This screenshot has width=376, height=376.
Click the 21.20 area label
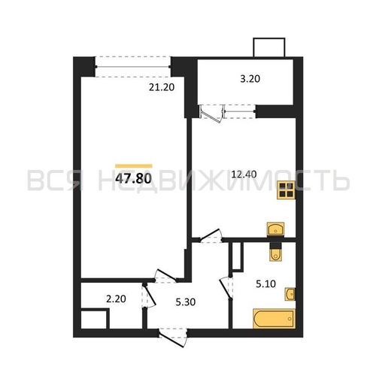[x=162, y=87]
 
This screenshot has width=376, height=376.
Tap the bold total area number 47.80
[x=134, y=178]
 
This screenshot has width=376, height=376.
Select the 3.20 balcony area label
[x=250, y=79]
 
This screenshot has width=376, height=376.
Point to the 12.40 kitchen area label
[x=244, y=174]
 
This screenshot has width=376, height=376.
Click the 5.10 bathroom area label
[x=265, y=284]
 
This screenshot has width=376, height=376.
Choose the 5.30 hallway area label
[x=186, y=302]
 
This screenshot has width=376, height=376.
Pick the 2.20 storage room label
[x=116, y=299]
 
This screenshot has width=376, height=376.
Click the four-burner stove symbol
[x=286, y=190]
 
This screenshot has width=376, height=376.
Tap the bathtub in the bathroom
[x=274, y=318]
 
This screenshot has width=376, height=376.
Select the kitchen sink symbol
[x=275, y=229]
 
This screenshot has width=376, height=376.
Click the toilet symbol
[x=275, y=252]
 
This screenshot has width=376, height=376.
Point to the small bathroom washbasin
[x=290, y=294]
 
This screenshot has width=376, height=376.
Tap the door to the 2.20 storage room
[x=149, y=296]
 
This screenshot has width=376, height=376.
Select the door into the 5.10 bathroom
[x=226, y=288]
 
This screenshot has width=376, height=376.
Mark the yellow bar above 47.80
[x=134, y=166]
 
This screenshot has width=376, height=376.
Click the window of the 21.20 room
[x=133, y=67]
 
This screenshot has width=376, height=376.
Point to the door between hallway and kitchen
[x=211, y=236]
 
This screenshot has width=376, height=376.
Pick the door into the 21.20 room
[x=165, y=276]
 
